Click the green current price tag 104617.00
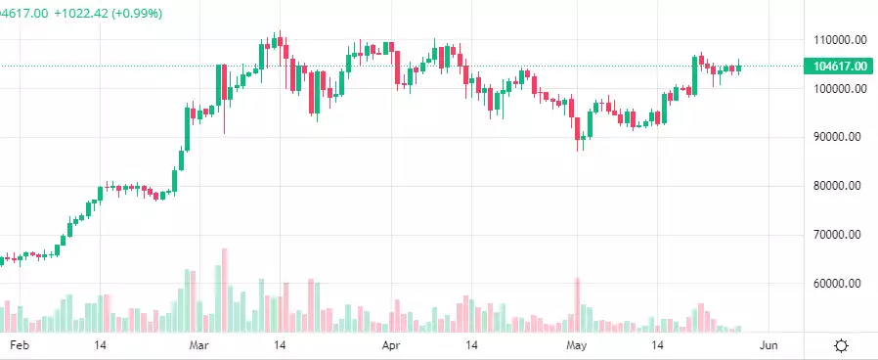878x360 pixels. tap(837, 66)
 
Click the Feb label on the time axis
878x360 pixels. tap(19, 345)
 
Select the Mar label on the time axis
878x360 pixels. tap(199, 345)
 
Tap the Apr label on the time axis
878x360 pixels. tap(391, 345)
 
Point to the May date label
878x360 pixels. tap(577, 345)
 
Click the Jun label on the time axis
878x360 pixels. tap(768, 345)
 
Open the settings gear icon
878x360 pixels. tap(841, 345)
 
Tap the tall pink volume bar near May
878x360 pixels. tap(578, 304)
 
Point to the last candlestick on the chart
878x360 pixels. tap(740, 67)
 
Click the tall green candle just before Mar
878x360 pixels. tap(188, 127)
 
